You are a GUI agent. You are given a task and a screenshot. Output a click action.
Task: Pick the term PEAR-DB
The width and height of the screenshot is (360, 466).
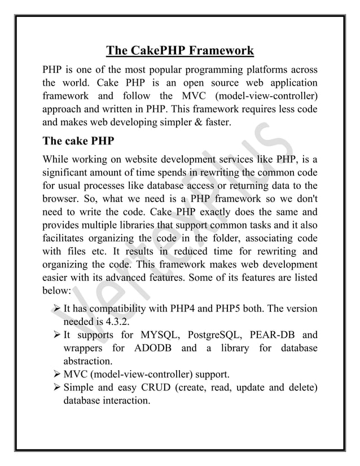click(x=270, y=335)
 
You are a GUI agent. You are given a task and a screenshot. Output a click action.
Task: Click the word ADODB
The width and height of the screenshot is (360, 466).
click(x=155, y=349)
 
